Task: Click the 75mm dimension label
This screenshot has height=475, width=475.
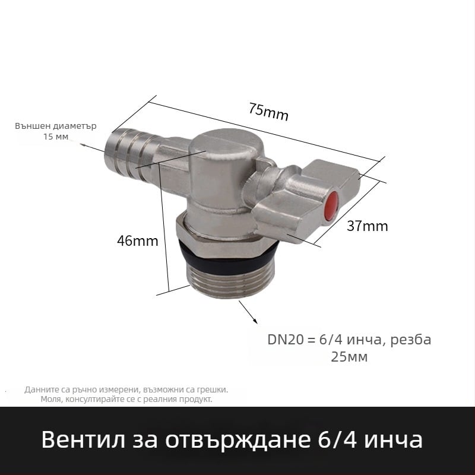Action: (x=268, y=112)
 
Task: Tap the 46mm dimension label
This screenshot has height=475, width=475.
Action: (x=137, y=241)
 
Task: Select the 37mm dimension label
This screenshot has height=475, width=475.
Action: (x=368, y=226)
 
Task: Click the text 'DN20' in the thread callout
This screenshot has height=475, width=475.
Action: (x=285, y=340)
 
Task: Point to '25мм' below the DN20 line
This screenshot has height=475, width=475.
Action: (x=349, y=357)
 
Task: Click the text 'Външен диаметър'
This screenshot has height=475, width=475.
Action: (x=55, y=126)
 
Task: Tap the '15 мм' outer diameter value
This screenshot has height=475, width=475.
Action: (x=55, y=137)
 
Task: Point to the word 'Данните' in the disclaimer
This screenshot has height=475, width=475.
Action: (x=40, y=390)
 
